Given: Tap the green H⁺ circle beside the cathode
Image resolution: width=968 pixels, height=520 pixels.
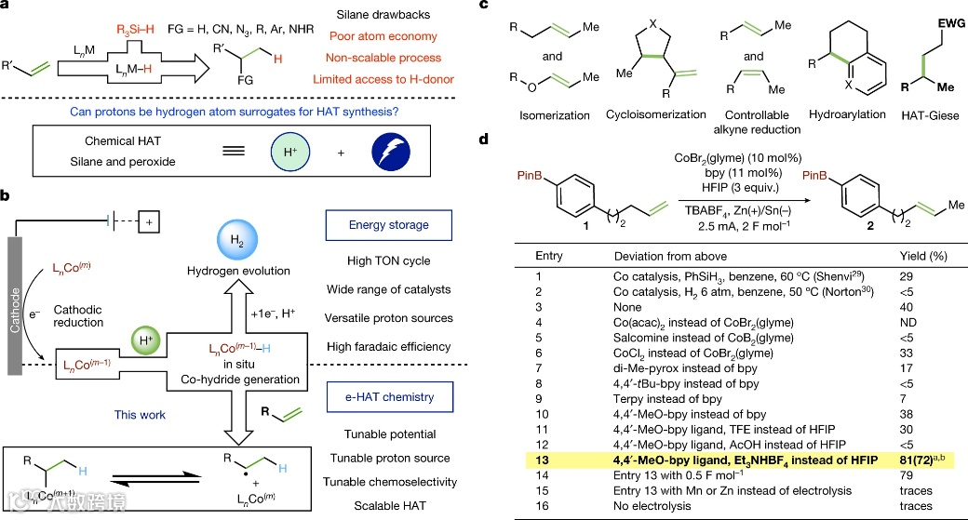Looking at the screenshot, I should click(147, 337).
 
